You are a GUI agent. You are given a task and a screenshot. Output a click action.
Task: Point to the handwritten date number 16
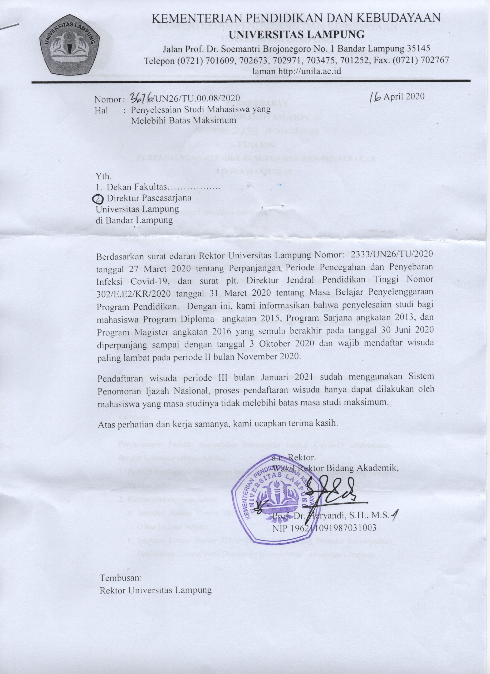point(375,97)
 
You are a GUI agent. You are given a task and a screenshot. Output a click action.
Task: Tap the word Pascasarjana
point(166,198)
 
